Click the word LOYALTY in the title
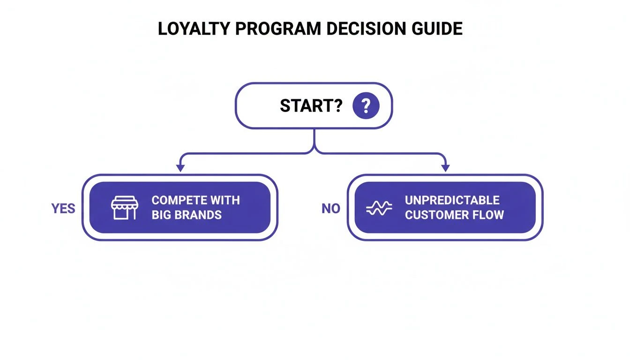coord(193,29)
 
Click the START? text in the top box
coord(311,106)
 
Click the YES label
coord(63,209)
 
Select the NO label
coord(330,209)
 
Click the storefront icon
coord(125,208)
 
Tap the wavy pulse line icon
coord(379,208)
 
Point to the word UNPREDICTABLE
coord(452,201)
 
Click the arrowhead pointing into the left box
coord(180,168)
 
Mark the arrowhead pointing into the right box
coord(445,168)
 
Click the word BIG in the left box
coord(161,215)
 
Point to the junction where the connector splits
coord(314,151)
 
